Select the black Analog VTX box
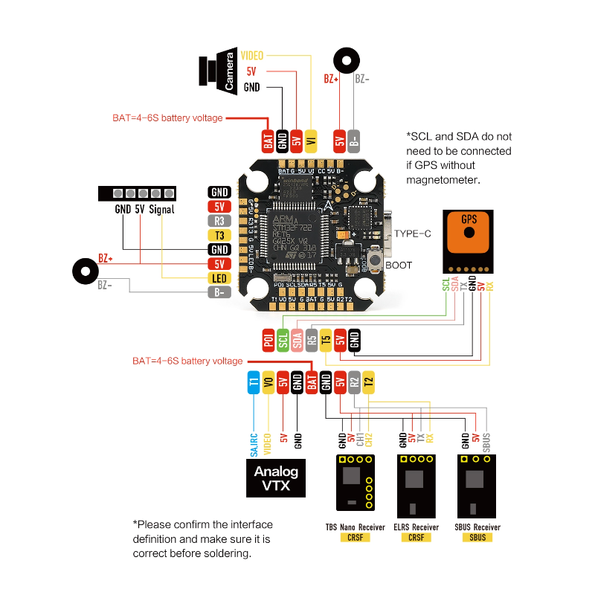276,477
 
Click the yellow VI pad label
312,139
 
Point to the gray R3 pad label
219,220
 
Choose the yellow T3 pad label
219,235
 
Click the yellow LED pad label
219,278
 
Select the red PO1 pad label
268,340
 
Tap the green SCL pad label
283,340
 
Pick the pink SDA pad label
297,340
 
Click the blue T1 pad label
254,382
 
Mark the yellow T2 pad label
369,382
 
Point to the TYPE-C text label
412,234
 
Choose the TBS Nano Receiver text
356,527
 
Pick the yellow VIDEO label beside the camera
252,55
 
